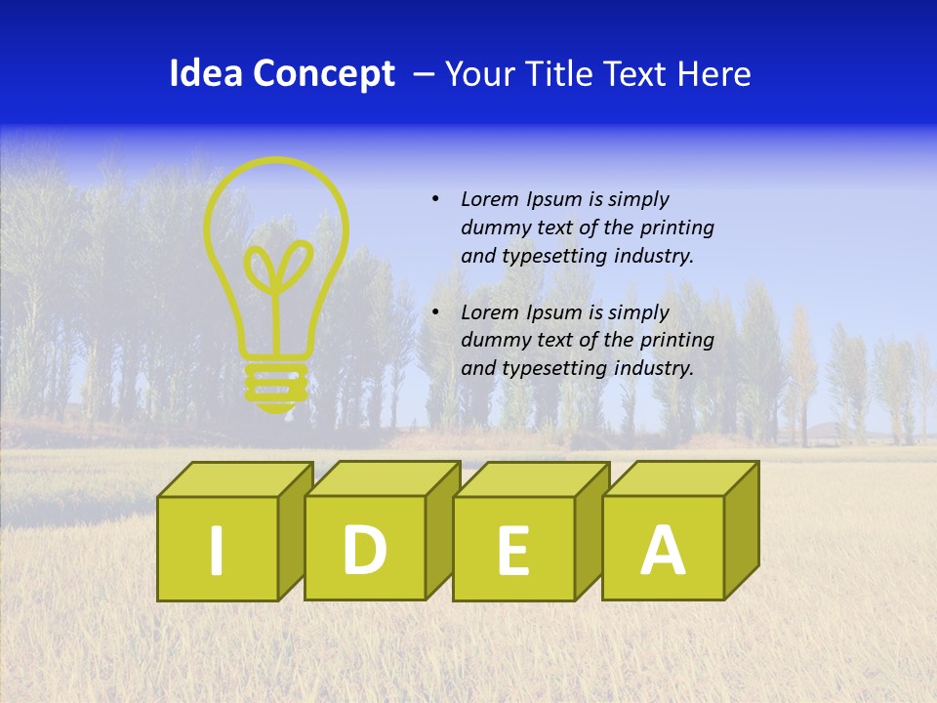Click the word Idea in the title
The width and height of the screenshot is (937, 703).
pyautogui.click(x=206, y=74)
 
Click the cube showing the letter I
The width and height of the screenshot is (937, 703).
pyautogui.click(x=217, y=549)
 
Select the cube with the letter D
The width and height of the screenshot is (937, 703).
pyautogui.click(x=365, y=549)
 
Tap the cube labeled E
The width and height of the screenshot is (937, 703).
pyautogui.click(x=513, y=549)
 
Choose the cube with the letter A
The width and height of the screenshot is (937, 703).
pyautogui.click(x=663, y=549)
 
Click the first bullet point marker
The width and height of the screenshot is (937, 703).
pyautogui.click(x=435, y=200)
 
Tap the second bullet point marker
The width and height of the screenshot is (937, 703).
pyautogui.click(x=435, y=313)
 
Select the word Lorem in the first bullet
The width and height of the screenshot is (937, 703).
pyautogui.click(x=490, y=200)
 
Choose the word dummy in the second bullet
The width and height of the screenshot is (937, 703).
pyautogui.click(x=494, y=342)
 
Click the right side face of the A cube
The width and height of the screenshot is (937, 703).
pyautogui.click(x=741, y=532)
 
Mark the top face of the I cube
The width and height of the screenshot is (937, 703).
pyautogui.click(x=234, y=479)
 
